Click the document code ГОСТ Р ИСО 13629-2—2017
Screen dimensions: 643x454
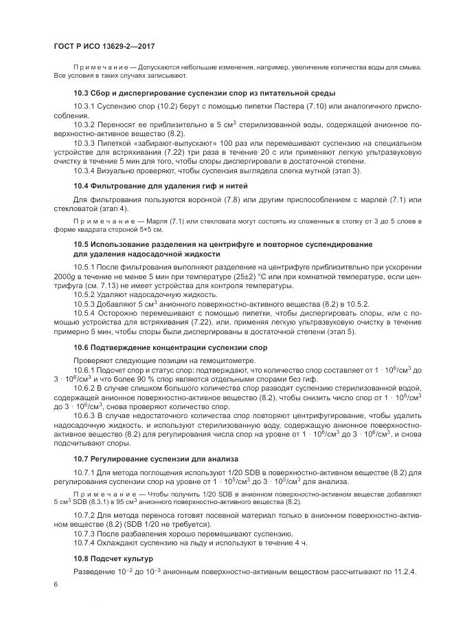tap(103, 45)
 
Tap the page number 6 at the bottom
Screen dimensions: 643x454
tap(55, 585)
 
